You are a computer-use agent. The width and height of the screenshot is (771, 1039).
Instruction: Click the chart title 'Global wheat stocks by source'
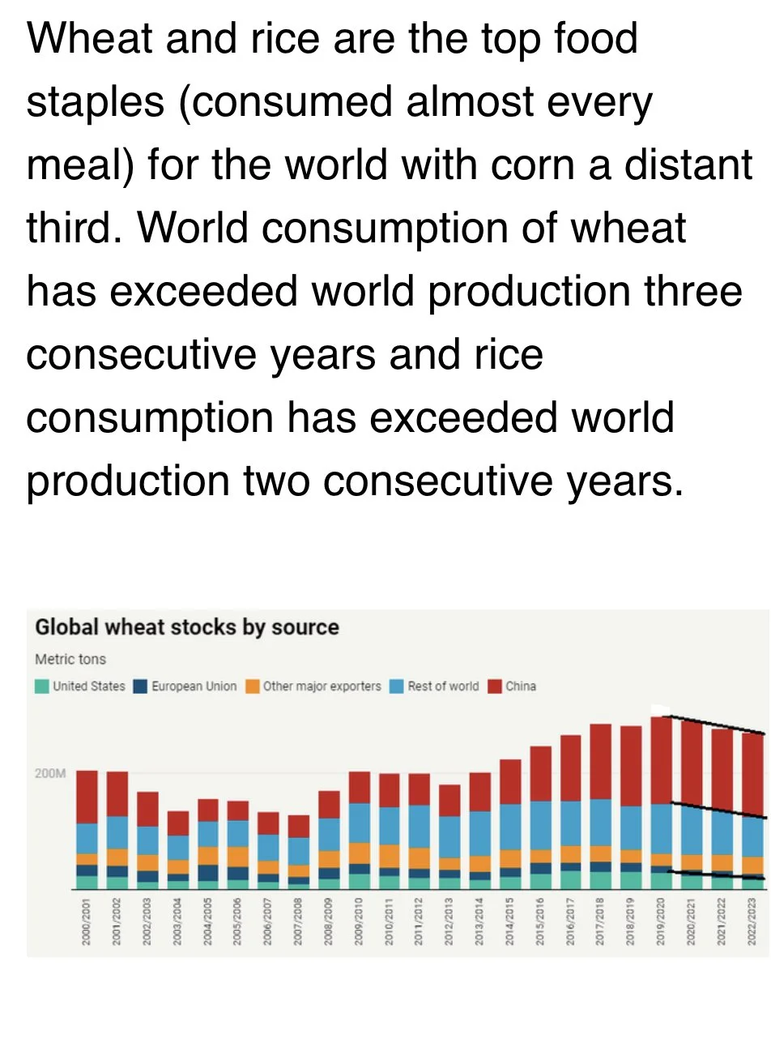tap(187, 627)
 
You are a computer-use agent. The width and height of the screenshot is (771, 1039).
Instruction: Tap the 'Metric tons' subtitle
tap(70, 659)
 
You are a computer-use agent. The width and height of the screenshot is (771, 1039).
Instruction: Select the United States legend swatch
tap(41, 686)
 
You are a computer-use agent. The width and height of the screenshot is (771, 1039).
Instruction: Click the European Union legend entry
tap(185, 686)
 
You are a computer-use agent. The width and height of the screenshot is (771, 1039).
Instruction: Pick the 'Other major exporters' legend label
tap(322, 686)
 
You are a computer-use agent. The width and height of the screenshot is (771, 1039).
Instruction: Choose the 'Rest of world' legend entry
tap(435, 686)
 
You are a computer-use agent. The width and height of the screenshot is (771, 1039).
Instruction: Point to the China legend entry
tap(512, 686)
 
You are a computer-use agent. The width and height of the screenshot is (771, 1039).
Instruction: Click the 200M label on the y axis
tap(50, 773)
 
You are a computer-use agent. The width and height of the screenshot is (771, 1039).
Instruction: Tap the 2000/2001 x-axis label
tap(85, 921)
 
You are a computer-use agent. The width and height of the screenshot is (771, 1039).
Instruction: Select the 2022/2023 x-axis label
tap(752, 921)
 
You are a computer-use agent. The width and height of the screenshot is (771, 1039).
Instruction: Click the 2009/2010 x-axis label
tap(358, 921)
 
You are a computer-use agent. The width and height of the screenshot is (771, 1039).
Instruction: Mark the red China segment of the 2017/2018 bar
tap(601, 762)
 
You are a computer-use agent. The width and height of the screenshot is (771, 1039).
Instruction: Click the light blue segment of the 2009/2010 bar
tap(360, 823)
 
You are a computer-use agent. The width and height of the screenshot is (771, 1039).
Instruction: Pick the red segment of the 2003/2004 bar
tap(178, 823)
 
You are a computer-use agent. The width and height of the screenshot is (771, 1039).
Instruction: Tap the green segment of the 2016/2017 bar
tap(571, 879)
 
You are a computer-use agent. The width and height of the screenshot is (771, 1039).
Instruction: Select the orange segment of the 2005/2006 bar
tap(238, 857)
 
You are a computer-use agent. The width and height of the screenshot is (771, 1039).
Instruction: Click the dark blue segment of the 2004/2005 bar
tap(208, 873)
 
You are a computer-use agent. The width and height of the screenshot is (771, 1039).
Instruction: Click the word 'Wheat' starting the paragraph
tap(89, 38)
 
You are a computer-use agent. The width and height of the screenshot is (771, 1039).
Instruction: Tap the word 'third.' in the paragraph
tap(74, 228)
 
